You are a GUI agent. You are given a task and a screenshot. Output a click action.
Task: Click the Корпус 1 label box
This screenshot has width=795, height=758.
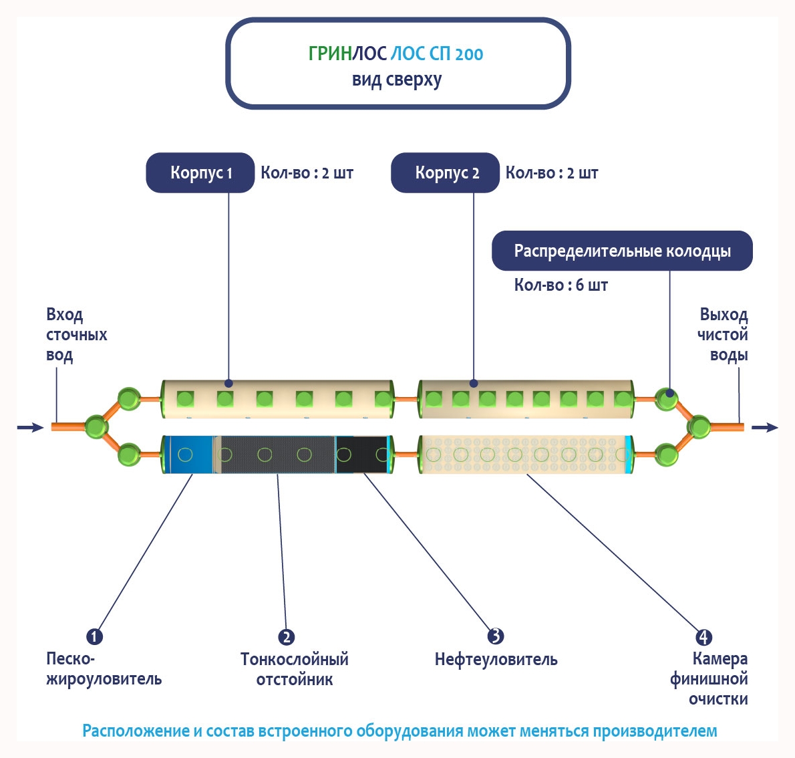coord(200,173)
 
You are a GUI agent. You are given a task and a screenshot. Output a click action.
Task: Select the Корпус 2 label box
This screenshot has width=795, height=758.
coord(446,173)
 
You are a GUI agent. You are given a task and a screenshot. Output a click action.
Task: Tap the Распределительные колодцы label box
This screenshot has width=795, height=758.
coord(622,251)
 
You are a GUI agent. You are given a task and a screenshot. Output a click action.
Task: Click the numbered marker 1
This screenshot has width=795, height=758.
coord(95,636)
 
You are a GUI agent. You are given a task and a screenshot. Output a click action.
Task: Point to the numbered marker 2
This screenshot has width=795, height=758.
coord(286,637)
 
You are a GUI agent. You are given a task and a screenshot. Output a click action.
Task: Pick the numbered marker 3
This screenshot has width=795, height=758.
coord(495,636)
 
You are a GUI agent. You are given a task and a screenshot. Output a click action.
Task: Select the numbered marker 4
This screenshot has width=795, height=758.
coord(703,637)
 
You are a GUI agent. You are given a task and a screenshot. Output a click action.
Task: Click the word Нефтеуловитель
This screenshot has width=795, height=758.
coord(496,660)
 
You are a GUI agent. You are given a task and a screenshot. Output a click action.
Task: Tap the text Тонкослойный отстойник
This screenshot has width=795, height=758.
coord(295,669)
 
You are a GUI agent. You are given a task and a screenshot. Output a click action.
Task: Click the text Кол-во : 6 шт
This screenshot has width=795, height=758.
coord(561,285)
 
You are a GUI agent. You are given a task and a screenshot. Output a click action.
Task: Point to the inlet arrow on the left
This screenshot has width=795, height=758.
coord(29,427)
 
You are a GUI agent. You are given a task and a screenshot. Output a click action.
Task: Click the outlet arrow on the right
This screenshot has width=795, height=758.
coord(765,427)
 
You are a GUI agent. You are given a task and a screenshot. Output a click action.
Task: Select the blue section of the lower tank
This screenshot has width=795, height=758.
coord(189,455)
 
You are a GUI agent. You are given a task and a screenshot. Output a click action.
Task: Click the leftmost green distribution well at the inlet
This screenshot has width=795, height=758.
coord(96,426)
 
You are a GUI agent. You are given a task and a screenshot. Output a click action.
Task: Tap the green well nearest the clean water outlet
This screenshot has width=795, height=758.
coord(699,426)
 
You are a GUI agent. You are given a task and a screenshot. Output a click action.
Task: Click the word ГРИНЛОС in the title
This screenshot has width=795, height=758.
coord(347,54)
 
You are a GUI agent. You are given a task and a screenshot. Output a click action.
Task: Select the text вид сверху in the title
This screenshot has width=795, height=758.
coord(397,80)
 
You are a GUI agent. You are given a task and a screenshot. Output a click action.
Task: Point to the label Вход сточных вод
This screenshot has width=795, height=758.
coord(76,334)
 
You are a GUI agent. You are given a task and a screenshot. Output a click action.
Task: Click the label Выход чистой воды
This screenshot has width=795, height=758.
coord(722,334)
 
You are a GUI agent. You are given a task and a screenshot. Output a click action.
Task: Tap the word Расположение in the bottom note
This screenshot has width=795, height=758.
coord(136,731)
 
